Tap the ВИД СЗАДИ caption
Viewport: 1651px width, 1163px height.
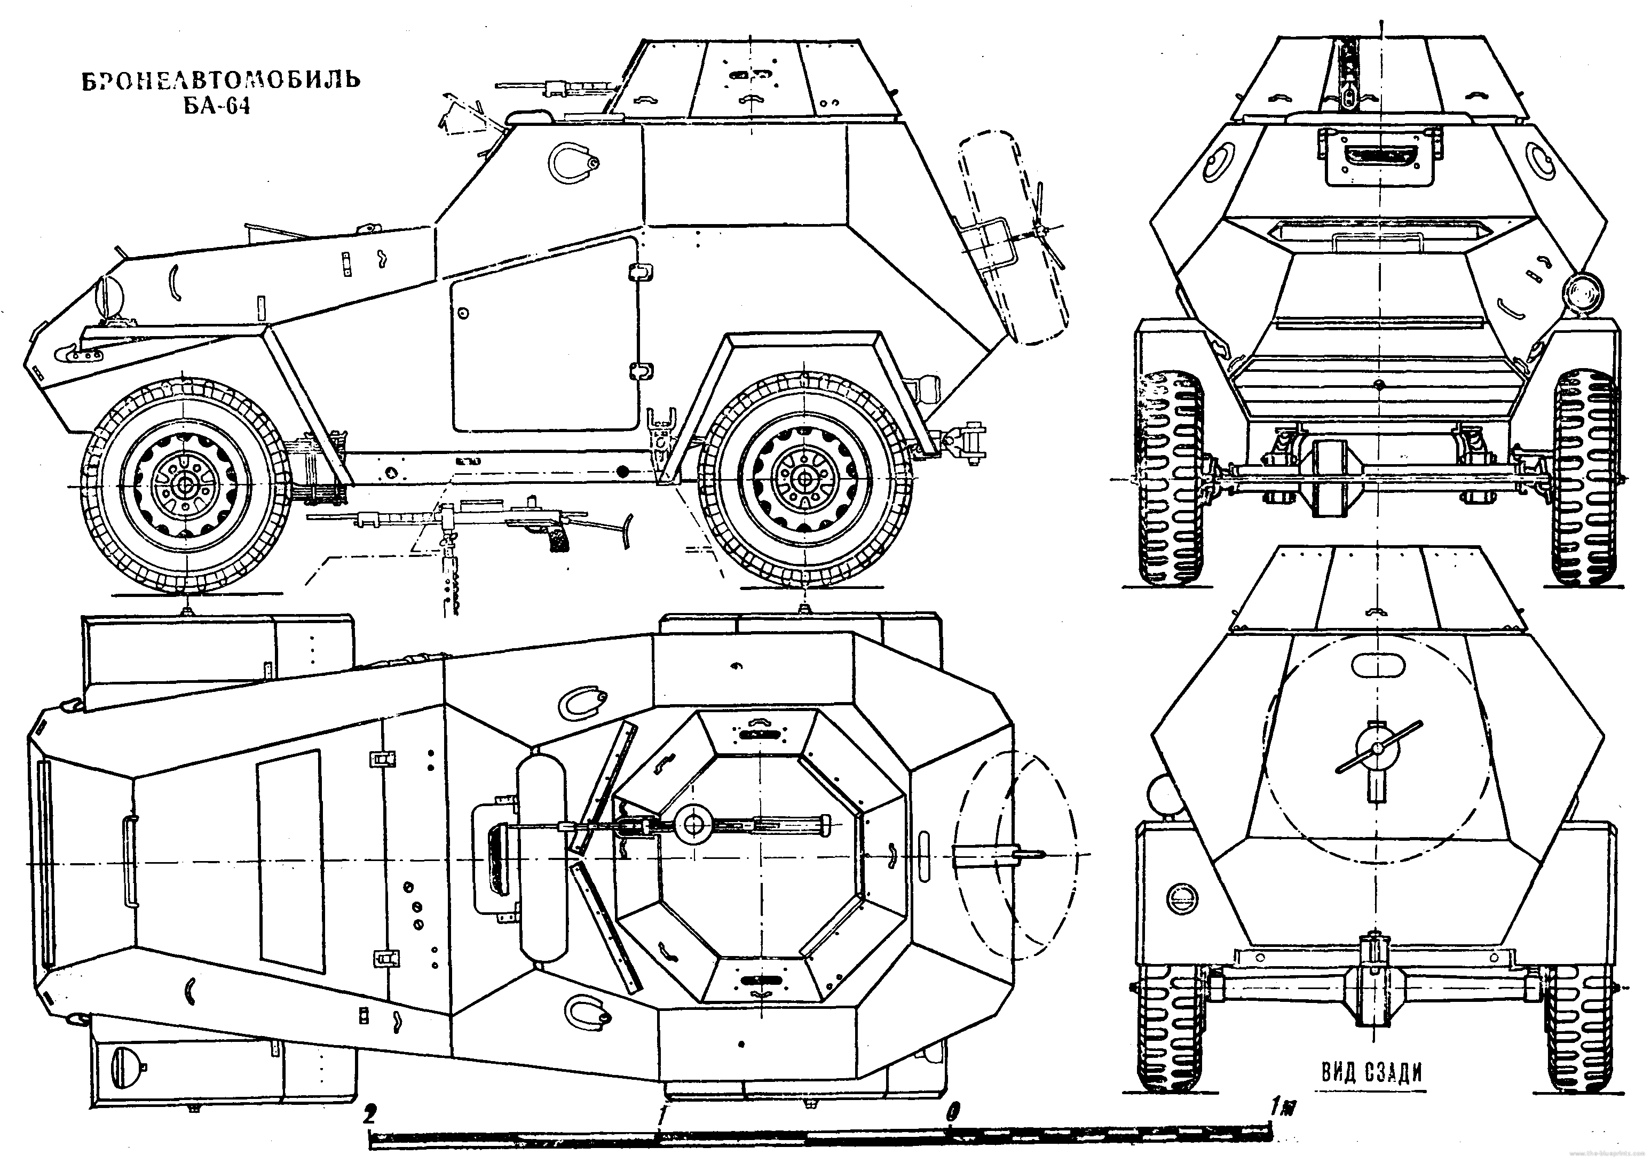click(x=1372, y=1072)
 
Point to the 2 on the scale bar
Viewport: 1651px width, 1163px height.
click(x=369, y=1116)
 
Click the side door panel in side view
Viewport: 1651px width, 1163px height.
click(x=545, y=335)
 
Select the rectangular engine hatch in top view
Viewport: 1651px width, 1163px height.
click(x=289, y=857)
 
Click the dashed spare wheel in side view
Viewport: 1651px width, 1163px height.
click(x=1014, y=237)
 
